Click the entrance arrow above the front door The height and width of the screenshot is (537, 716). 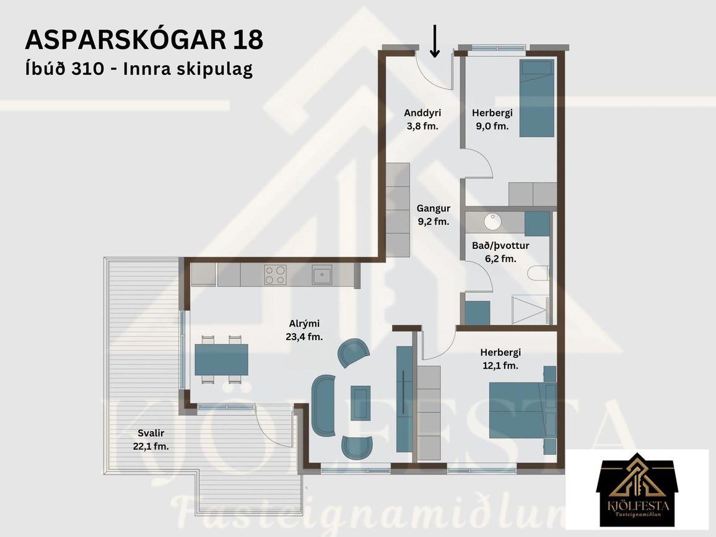point(435,41)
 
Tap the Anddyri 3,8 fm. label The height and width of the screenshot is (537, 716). point(422,119)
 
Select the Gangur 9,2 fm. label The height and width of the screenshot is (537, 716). point(434,215)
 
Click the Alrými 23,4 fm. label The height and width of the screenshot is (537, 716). point(304,330)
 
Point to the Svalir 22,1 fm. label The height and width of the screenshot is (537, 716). point(151,440)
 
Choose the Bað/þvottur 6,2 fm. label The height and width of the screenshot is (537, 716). point(500,252)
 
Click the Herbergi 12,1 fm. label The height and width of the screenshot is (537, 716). point(500,359)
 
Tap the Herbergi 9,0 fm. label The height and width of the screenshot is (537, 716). point(492,119)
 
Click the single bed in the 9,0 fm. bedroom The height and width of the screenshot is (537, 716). point(537,98)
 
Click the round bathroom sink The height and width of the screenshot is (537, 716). point(492,222)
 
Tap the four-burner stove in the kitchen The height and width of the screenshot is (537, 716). point(275,275)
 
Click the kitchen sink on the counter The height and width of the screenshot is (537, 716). point(322,275)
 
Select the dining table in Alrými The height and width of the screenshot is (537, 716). point(222,359)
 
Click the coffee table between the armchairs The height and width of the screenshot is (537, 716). point(360,403)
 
